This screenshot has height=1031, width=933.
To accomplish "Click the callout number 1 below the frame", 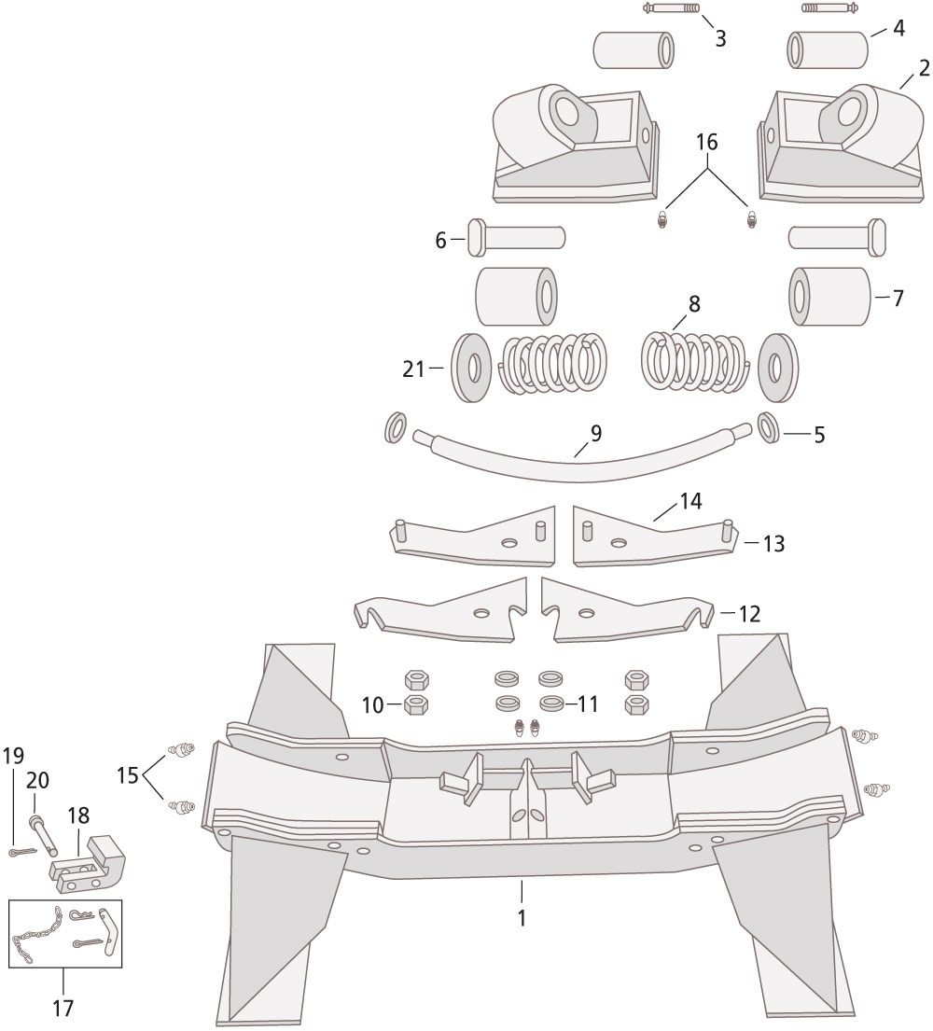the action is (x=522, y=918).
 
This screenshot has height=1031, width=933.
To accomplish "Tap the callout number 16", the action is (x=707, y=142).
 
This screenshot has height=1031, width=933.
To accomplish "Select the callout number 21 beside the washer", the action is (x=413, y=369).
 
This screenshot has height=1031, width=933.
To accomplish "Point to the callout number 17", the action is (x=63, y=1008).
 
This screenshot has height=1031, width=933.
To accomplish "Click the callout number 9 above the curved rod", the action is (x=595, y=433).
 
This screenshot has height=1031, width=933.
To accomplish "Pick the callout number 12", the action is (x=749, y=614).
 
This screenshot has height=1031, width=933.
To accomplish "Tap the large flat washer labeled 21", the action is (x=471, y=369).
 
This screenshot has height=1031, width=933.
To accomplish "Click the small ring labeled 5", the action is (x=769, y=428).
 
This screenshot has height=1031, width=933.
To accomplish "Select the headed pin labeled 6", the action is (x=516, y=238).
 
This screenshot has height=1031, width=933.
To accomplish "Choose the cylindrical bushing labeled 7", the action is (x=829, y=297).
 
